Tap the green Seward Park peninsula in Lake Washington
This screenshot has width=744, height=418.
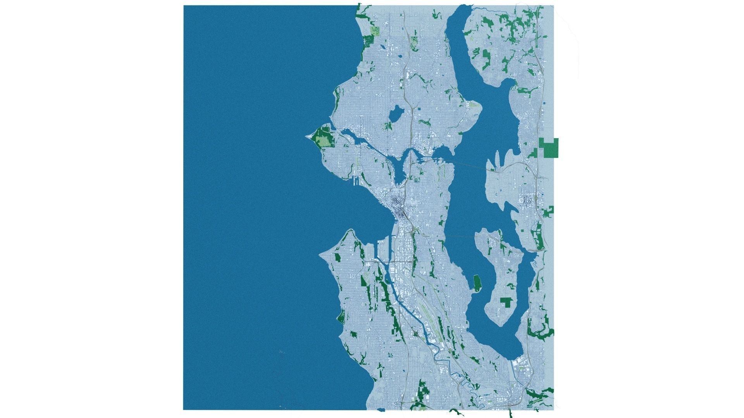pos(477,282)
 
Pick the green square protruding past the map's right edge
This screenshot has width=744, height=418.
pos(551,148)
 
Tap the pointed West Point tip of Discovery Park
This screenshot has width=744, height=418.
pos(307,136)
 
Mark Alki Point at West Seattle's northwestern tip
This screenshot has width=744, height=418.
pos(320,256)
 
